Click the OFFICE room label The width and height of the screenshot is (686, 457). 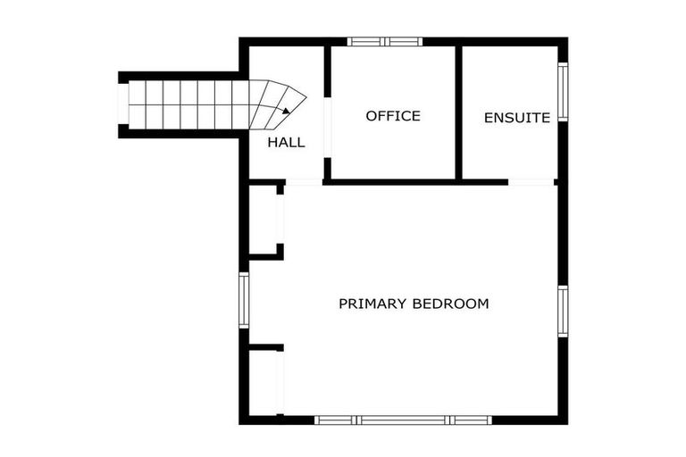pos(393,116)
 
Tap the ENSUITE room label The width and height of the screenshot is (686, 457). pos(516,117)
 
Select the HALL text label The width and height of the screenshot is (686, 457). pos(286,142)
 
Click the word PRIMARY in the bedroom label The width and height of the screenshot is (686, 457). pos(372,303)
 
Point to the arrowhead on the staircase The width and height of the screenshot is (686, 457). pos(284,112)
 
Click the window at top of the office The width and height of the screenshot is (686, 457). pos(384,41)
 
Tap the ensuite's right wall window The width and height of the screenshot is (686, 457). pos(563,92)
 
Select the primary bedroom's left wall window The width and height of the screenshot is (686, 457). pos(243,301)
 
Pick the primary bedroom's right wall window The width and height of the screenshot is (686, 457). pos(563,311)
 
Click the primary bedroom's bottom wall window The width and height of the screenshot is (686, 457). pos(404,420)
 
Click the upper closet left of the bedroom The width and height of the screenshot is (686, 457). pos(264,219)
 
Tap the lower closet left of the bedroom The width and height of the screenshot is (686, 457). pos(264,382)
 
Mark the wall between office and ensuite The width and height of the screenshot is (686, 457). pos(458,112)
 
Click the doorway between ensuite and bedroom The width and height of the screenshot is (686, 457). pos(531,182)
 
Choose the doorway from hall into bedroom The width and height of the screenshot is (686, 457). pos(304,183)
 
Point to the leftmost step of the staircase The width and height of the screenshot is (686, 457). pos(137,104)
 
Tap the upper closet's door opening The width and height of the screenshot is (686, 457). pos(280,219)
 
